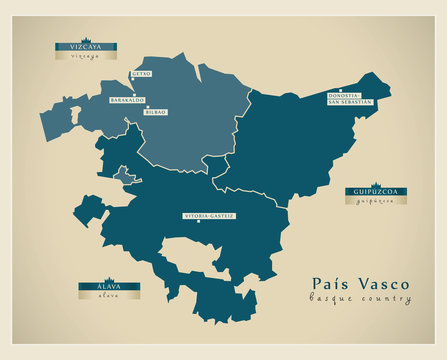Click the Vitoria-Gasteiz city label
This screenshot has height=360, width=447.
point(209,216)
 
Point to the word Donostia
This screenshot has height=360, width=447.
point(343,96)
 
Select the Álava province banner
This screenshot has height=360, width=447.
point(108,287)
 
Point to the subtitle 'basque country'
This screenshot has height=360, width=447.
point(360,299)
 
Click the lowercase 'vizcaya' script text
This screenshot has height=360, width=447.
point(78,57)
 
